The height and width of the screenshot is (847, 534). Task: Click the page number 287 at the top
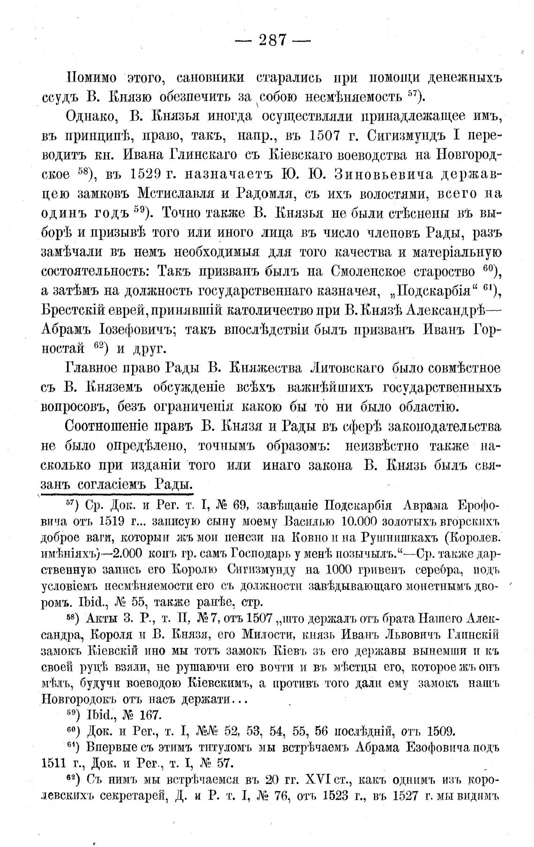tap(272, 40)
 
